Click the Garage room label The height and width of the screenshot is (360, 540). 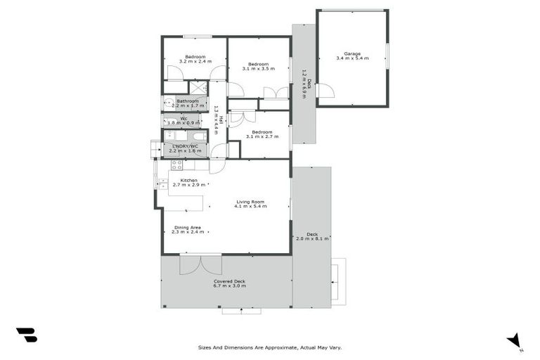pyautogui.click(x=352, y=53)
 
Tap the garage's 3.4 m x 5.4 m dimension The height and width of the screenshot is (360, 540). pyautogui.click(x=352, y=59)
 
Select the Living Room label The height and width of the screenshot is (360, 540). pyautogui.click(x=250, y=201)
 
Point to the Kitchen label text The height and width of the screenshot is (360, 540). pyautogui.click(x=188, y=180)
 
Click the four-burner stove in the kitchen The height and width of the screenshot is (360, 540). pyautogui.click(x=177, y=165)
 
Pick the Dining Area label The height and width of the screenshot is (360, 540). pyautogui.click(x=188, y=227)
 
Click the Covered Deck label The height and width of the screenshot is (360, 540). pyautogui.click(x=230, y=281)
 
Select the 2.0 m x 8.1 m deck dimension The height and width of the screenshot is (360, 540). pyautogui.click(x=312, y=239)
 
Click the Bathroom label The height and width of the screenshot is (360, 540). pyautogui.click(x=187, y=101)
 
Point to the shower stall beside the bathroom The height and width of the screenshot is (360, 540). pyautogui.click(x=200, y=87)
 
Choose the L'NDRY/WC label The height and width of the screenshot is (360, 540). pyautogui.click(x=185, y=146)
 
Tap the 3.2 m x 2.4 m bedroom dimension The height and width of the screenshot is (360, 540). pyautogui.click(x=195, y=62)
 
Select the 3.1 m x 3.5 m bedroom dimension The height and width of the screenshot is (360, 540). pyautogui.click(x=258, y=69)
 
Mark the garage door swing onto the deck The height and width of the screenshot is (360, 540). pyautogui.click(x=325, y=91)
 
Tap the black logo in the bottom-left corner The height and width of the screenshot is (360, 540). pyautogui.click(x=26, y=335)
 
